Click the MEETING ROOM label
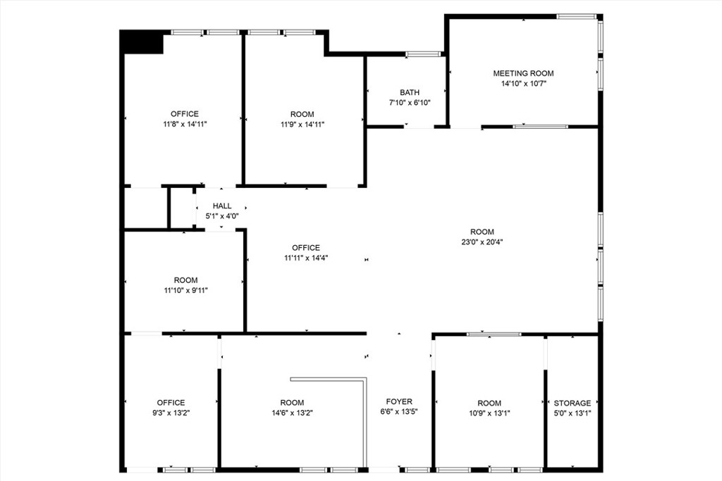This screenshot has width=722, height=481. tap(523, 73)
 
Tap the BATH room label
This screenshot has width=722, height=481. tap(410, 92)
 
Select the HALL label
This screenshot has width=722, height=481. tap(222, 206)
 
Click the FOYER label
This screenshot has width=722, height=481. tap(399, 402)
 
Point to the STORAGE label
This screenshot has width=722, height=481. tap(573, 404)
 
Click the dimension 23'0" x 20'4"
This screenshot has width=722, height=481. tap(482, 242)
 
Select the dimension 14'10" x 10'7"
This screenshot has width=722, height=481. tap(523, 84)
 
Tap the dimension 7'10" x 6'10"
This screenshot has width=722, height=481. tap(410, 103)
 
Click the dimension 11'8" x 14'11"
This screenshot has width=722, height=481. tap(185, 124)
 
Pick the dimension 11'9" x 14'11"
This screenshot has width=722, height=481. tap(302, 125)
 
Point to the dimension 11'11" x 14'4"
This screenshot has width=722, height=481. tap(306, 258)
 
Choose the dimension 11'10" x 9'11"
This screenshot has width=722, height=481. tap(186, 290)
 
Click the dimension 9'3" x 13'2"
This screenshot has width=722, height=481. tap(171, 413)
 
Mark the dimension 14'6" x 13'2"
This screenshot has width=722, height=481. tap(292, 413)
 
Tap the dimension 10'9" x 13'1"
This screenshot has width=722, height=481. tap(489, 414)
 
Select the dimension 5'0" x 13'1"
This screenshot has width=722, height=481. tap(573, 414)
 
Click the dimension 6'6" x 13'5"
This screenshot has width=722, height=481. tap(399, 413)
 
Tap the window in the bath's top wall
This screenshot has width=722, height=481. tap(423, 54)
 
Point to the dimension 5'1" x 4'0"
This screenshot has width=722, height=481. tap(222, 217)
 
